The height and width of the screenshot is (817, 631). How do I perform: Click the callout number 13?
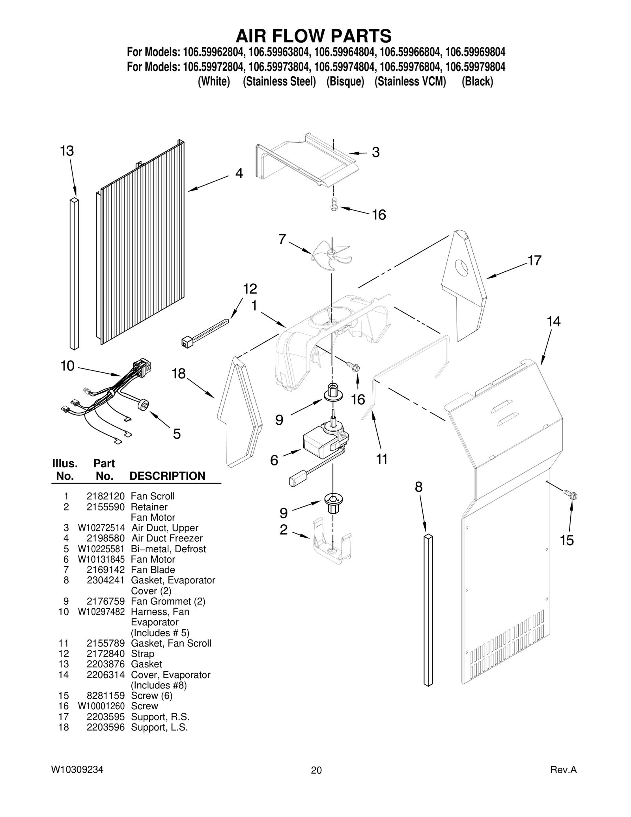tap(67, 151)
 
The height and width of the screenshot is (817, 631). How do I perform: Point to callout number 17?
tap(534, 260)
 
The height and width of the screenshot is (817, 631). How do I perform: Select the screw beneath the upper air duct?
tap(334, 204)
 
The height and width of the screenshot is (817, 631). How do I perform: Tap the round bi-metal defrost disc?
tap(144, 404)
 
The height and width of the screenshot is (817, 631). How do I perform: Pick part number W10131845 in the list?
tap(101, 559)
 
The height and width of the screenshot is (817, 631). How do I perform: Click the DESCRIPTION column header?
tap(167, 476)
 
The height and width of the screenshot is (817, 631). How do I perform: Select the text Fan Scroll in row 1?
tap(153, 496)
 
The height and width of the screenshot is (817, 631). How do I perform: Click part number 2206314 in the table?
tap(105, 675)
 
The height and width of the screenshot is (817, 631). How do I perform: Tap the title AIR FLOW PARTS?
tap(314, 36)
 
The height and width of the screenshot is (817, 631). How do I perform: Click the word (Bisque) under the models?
tap(345, 81)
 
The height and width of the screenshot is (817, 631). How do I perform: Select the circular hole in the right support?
tap(462, 268)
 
